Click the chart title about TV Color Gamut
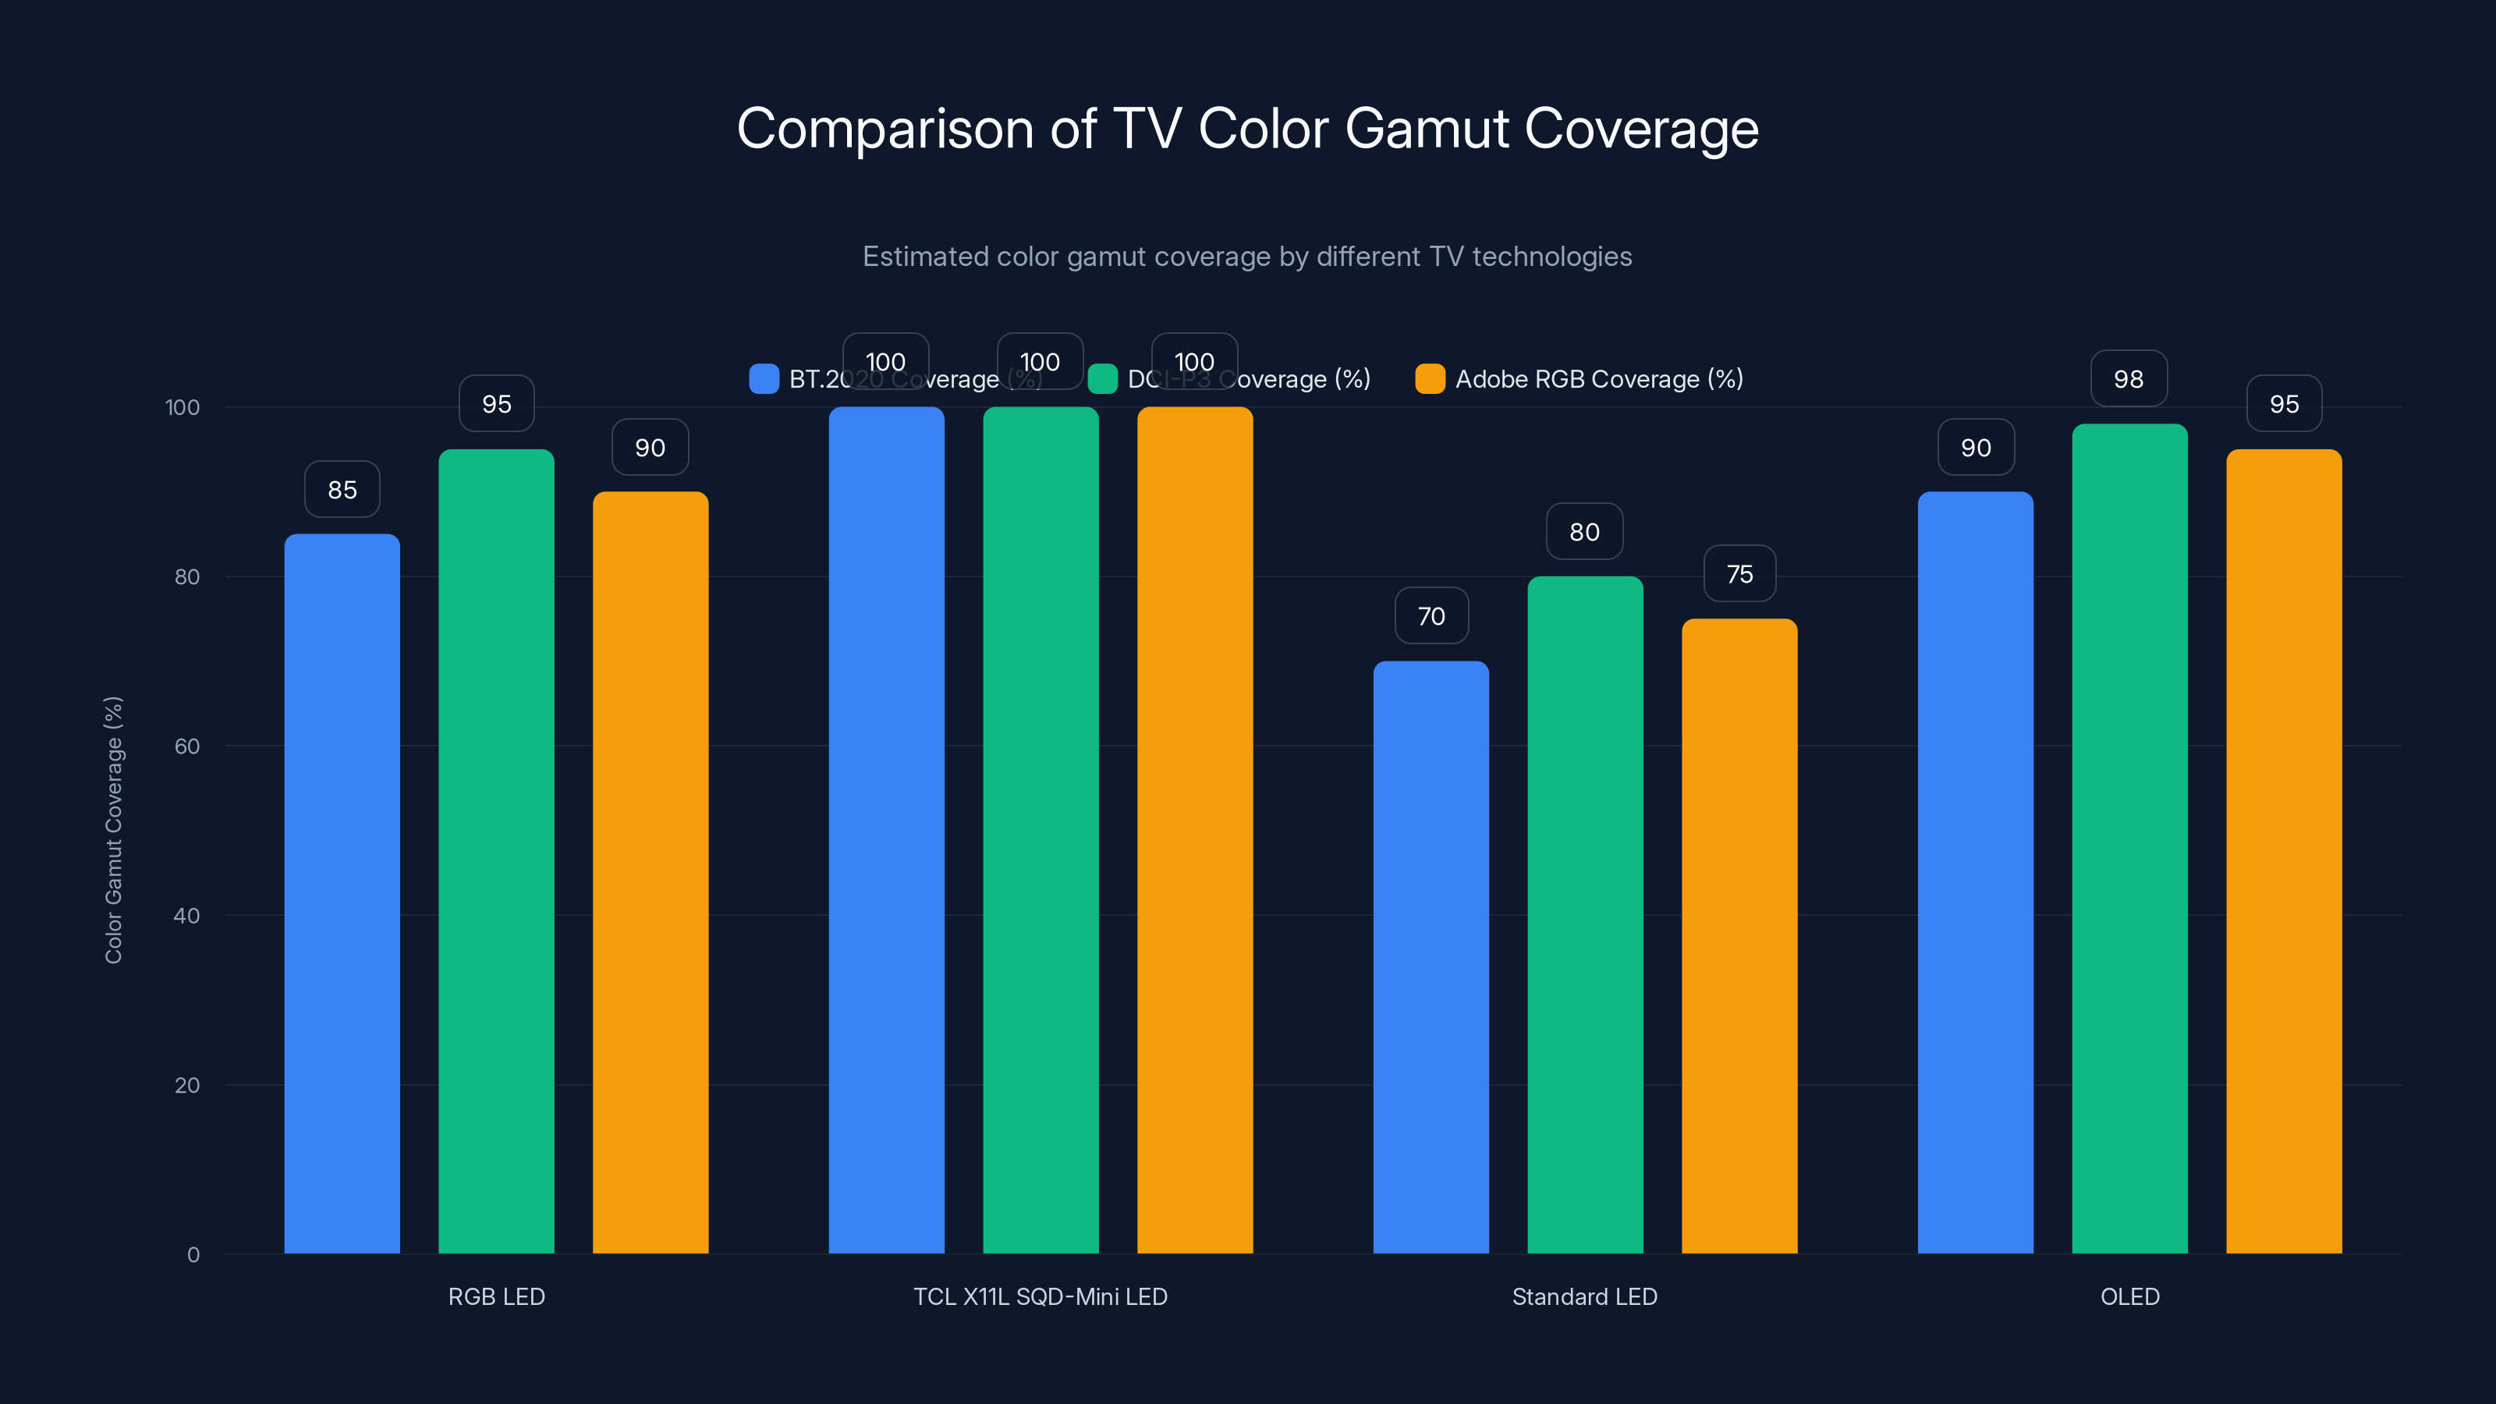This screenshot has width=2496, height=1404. point(1247,129)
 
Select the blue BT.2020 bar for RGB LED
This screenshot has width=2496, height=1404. point(342,892)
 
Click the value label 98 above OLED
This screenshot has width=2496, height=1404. point(2129,379)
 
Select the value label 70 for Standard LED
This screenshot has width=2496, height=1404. point(1431,616)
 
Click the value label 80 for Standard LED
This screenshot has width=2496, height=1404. point(1584,532)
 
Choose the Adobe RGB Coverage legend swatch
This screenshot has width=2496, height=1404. point(1429,379)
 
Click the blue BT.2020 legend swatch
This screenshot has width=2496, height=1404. point(764,379)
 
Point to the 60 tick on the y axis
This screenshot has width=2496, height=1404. point(187,746)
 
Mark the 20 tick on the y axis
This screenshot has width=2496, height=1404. point(187,1085)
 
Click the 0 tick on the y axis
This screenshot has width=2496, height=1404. point(193,1255)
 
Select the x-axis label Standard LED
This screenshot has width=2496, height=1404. point(1584,1296)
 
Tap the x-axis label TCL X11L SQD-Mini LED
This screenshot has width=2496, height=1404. point(1040,1296)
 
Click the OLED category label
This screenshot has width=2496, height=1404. point(2129,1296)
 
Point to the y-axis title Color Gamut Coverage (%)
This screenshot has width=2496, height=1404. point(113,829)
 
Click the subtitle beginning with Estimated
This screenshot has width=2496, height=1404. point(1247,257)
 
